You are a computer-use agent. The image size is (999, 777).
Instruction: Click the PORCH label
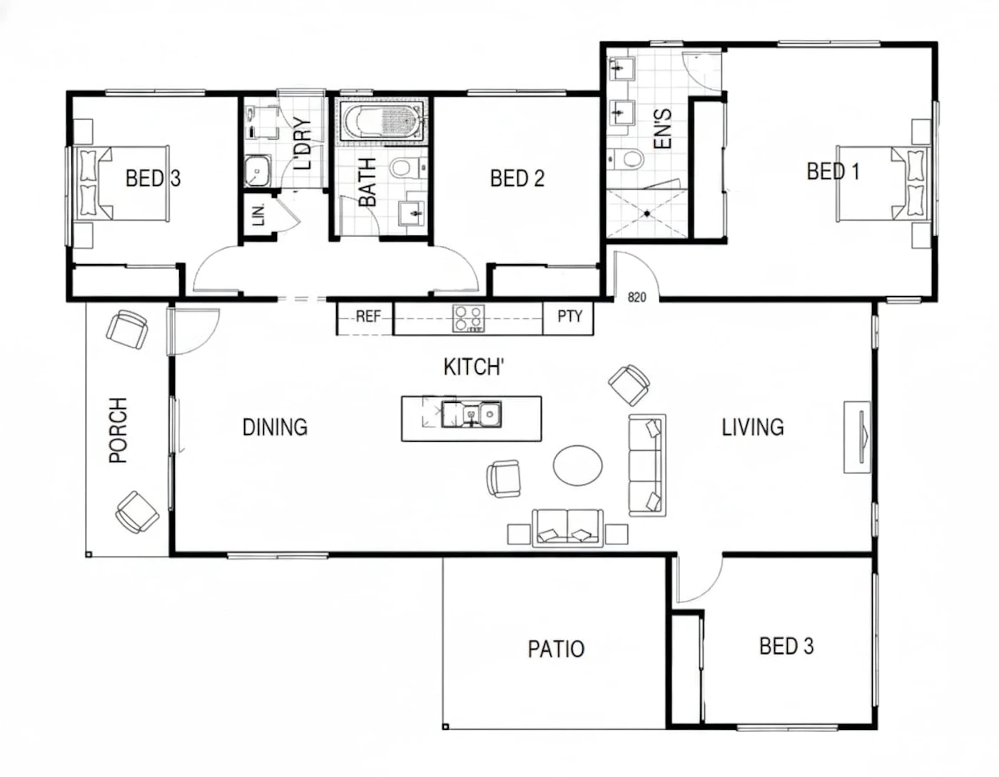tap(118, 430)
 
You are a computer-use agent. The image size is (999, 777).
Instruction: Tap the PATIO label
tap(556, 649)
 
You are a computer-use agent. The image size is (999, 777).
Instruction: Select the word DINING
tap(275, 427)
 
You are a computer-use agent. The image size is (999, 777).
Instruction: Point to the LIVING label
tap(753, 427)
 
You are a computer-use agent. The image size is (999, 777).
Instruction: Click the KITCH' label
tap(474, 367)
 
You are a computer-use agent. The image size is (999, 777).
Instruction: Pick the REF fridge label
tap(368, 317)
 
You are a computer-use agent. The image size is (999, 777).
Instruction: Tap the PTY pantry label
tap(569, 316)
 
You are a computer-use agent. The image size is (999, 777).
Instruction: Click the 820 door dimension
tap(637, 298)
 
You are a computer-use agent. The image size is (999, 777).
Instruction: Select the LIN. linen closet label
tap(259, 215)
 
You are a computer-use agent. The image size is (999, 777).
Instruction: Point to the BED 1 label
tap(833, 171)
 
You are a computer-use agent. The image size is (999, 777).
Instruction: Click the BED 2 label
tap(517, 178)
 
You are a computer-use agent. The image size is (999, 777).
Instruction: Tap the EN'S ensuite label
tap(662, 128)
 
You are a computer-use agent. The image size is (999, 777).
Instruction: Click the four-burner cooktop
tap(468, 318)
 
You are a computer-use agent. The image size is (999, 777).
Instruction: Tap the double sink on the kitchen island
tap(472, 415)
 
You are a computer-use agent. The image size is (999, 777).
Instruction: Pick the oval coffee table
tap(577, 465)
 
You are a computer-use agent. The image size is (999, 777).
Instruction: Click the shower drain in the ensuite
tap(646, 213)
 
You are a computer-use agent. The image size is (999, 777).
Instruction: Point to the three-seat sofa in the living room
tap(647, 465)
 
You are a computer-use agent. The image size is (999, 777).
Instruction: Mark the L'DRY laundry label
tap(303, 143)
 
